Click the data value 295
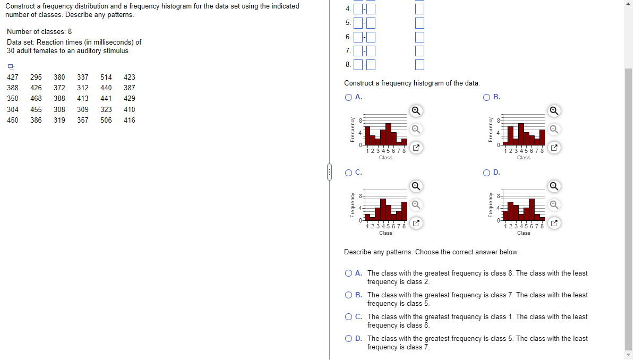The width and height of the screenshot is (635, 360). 36,77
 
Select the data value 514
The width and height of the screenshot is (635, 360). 106,77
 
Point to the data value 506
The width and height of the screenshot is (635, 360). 106,120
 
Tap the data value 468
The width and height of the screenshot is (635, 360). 36,99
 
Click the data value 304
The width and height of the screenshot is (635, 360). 13,109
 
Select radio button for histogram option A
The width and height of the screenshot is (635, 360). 348,97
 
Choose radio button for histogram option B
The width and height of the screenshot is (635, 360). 486,97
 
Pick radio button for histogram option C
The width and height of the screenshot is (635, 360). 348,173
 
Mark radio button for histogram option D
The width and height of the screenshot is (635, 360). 486,173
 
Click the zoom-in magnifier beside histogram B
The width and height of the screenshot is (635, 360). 554,110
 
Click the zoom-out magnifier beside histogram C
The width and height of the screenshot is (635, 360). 417,204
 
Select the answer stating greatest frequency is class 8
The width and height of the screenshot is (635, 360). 348,273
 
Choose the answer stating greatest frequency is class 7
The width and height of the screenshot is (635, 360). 348,295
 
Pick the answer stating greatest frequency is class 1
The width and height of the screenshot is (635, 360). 348,317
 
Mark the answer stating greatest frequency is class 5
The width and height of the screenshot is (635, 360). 348,339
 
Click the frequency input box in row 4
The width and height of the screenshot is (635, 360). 419,10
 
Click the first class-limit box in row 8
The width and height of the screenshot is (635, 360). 358,65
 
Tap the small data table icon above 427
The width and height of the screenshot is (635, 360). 10,67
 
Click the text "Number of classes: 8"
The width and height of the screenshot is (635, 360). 39,31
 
